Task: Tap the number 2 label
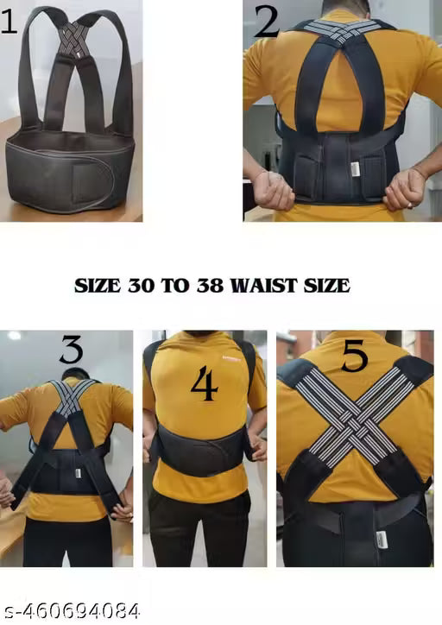[x=267, y=21]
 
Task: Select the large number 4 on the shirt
[x=204, y=385]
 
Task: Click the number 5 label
[x=354, y=357]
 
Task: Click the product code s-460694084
[x=71, y=611]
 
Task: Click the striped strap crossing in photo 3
[x=70, y=399]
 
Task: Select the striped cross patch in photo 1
[x=76, y=38]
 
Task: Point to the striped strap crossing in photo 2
[x=343, y=31]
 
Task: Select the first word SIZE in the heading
[x=97, y=285]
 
